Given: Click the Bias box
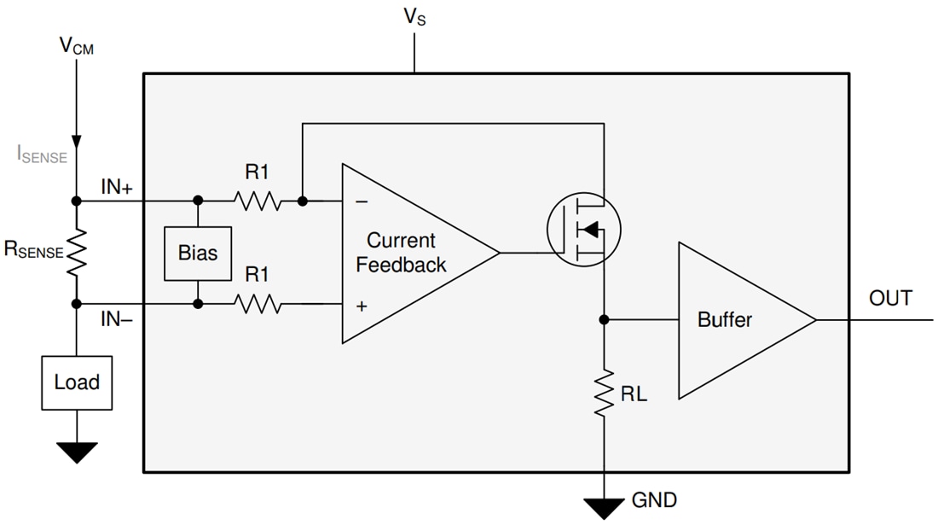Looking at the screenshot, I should tap(198, 254).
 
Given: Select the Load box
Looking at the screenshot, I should tap(77, 382).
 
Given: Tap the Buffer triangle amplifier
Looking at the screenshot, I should tap(733, 320).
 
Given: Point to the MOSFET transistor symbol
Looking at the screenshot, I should tap(584, 229).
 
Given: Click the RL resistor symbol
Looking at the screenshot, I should tap(605, 394).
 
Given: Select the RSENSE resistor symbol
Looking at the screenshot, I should tap(77, 252).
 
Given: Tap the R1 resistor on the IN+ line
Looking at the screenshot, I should tap(258, 201).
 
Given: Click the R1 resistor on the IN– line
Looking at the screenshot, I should tap(258, 303).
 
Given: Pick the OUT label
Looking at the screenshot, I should tap(890, 299).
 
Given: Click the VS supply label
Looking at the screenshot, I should tap(414, 17).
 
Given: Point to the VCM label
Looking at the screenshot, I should tap(77, 46).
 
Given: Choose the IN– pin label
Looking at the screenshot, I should tap(117, 319).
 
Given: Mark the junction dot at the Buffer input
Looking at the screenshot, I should tap(605, 320).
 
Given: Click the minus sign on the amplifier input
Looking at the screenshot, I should tap(362, 202).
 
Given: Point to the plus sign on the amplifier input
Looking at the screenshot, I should tap(362, 306).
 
